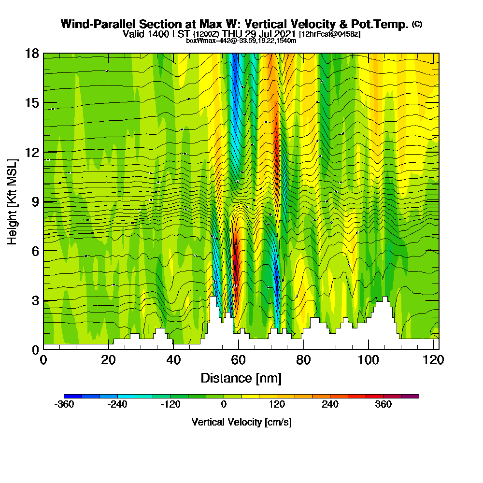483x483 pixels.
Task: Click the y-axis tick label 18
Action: point(32,53)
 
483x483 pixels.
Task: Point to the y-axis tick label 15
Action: point(32,103)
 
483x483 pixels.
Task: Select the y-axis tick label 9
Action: point(35,201)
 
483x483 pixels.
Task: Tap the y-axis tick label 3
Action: point(35,300)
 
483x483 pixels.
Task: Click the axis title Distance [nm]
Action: point(241,378)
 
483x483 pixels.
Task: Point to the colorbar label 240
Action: point(330,405)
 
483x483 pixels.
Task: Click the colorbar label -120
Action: point(170,405)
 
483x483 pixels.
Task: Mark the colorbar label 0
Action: point(224,405)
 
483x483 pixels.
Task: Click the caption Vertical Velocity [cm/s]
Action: point(241,422)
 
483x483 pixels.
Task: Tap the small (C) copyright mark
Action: point(417,24)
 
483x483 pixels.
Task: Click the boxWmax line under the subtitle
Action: point(241,41)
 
